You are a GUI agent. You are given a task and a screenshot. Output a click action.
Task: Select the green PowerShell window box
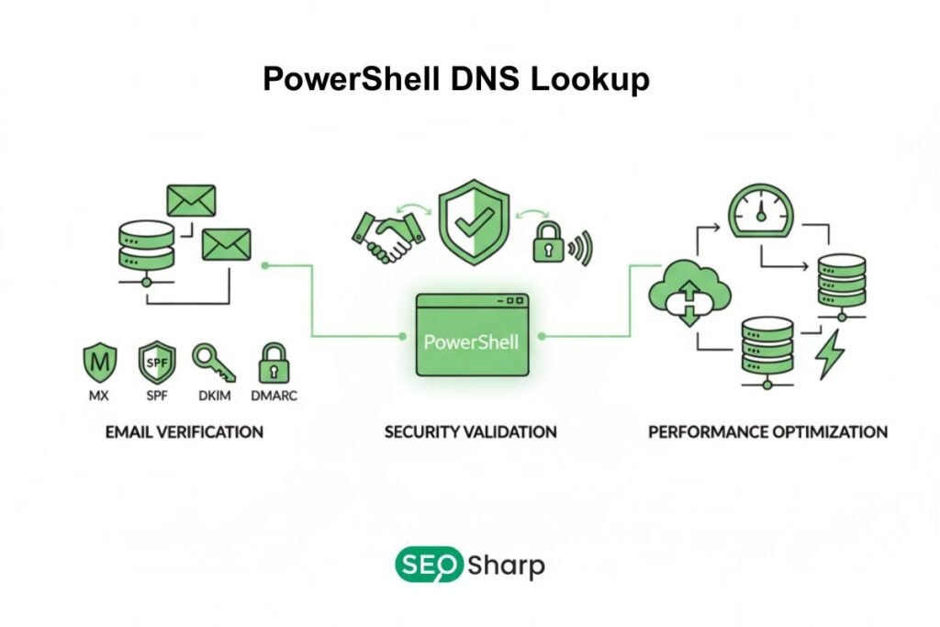pos(471,336)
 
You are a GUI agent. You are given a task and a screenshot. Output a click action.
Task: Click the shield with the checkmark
pos(473,221)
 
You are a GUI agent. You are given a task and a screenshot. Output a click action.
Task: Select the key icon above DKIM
pos(212,362)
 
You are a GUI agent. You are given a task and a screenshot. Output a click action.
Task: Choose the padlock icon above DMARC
pos(272,364)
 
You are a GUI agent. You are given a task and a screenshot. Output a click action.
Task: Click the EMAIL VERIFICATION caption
pos(185,431)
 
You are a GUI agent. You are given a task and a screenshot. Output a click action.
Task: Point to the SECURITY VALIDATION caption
pos(470,431)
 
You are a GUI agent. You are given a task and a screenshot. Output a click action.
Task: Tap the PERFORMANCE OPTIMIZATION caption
pos(767,431)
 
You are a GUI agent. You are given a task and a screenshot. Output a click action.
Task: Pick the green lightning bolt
pos(832,353)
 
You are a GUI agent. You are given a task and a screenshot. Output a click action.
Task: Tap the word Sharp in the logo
pos(506,565)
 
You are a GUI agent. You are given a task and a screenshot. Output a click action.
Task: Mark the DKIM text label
pos(213,396)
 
